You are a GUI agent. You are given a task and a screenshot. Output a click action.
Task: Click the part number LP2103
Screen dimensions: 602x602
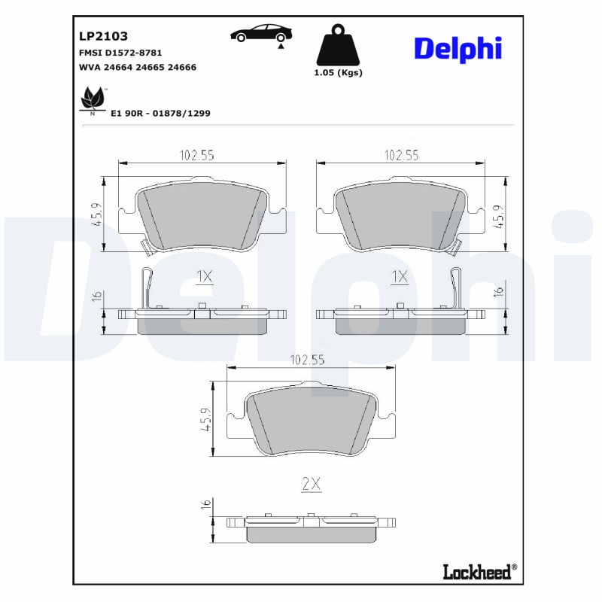103,35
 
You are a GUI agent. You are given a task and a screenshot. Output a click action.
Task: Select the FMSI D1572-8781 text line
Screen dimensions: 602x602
120,53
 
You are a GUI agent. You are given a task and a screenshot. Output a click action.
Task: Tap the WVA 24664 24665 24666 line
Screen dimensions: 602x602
138,67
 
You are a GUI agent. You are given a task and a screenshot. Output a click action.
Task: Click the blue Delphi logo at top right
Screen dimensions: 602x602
458,48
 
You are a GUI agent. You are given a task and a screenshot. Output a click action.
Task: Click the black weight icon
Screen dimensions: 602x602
337,46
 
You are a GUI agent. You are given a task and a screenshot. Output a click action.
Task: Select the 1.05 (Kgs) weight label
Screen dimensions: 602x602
338,73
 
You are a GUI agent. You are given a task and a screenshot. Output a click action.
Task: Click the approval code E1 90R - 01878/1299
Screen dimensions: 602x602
160,113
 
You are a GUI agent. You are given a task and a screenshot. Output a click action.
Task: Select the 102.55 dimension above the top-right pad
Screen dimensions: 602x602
401,155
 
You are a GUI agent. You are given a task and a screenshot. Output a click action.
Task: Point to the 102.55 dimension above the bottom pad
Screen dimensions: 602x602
306,360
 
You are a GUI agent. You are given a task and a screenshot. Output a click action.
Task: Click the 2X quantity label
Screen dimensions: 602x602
311,485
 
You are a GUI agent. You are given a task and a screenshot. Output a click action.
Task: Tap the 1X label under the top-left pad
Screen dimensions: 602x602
204,277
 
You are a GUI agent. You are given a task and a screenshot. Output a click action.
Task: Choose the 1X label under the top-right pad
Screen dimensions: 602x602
400,277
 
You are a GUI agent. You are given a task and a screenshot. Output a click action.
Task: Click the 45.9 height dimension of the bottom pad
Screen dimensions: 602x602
204,419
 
